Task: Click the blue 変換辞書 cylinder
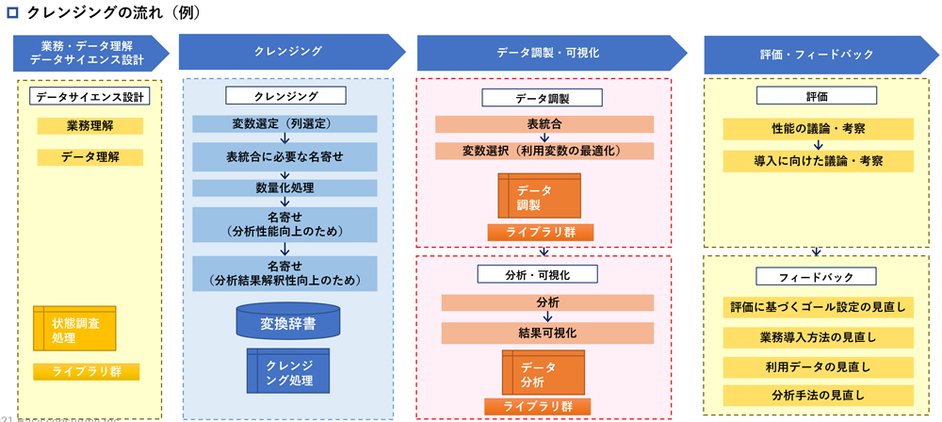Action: (x=288, y=323)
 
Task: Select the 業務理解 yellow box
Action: (x=90, y=126)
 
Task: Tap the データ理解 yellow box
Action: (x=90, y=157)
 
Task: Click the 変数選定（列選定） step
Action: (x=284, y=123)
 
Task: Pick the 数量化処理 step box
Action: (x=284, y=187)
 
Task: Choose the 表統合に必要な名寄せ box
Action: (x=284, y=155)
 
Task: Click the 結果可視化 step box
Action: (x=546, y=333)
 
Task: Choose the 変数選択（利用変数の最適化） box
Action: (x=544, y=151)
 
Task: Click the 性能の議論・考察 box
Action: (x=818, y=129)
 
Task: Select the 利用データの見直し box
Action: (x=818, y=366)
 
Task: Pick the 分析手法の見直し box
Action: (x=818, y=395)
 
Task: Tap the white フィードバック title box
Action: (x=817, y=277)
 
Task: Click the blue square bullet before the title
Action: (x=12, y=13)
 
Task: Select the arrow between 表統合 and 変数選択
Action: (x=544, y=138)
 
